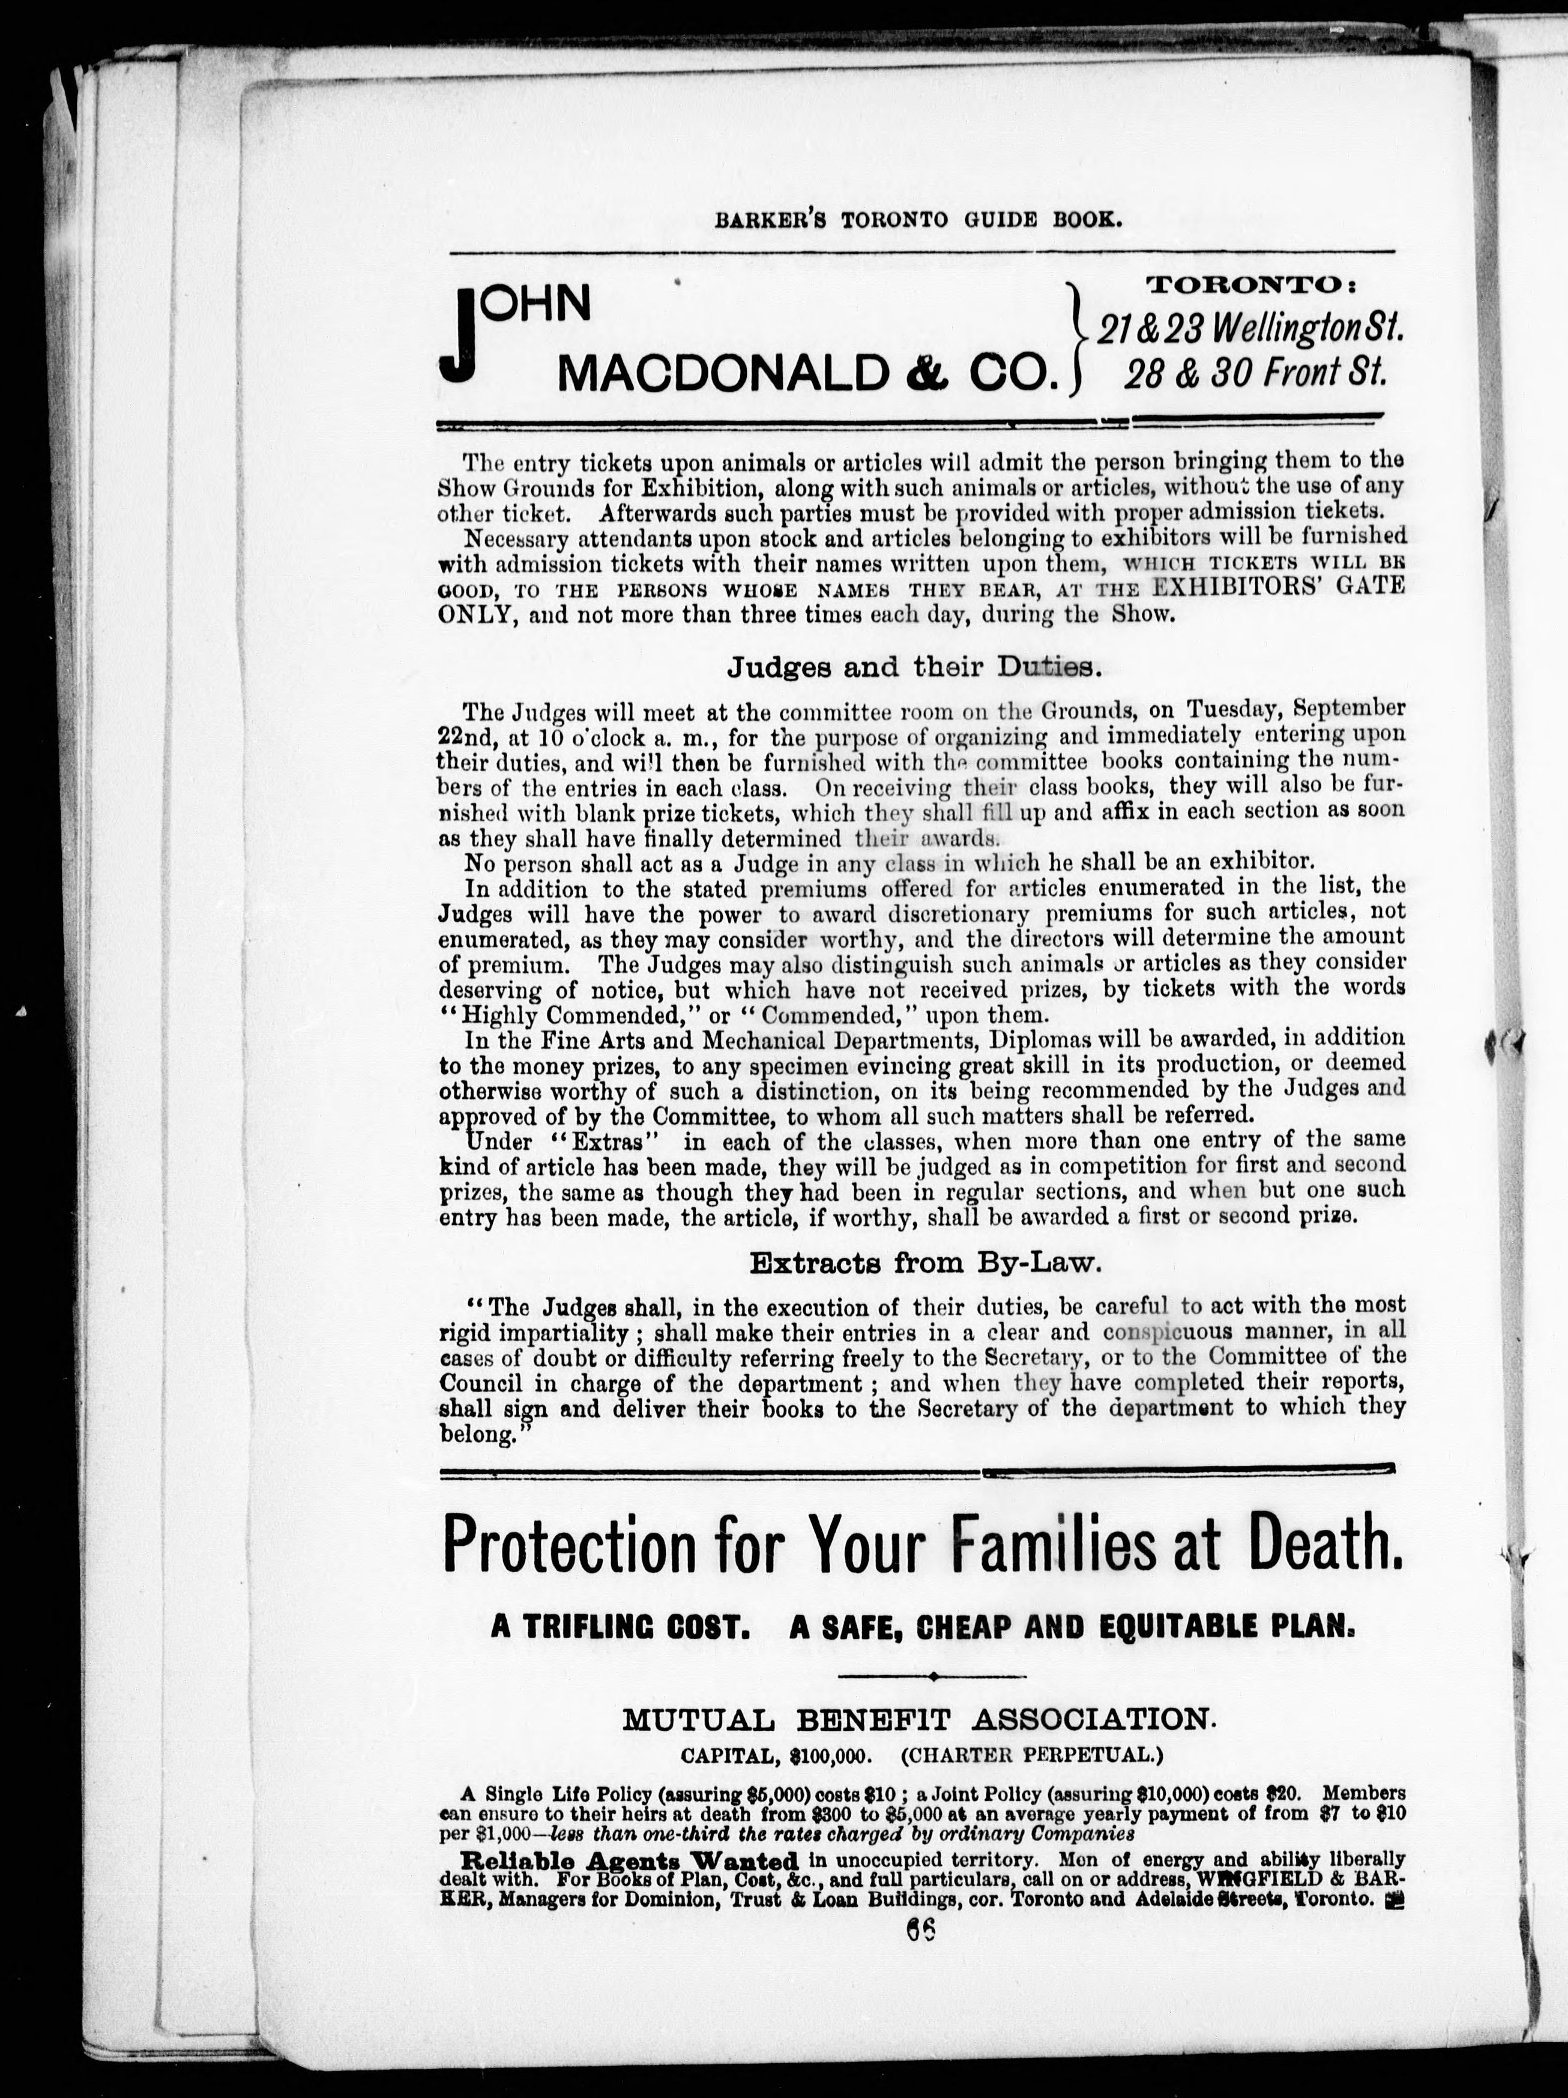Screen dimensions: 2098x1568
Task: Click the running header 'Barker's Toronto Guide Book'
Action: click(x=918, y=220)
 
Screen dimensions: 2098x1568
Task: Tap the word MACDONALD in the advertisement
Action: click(x=720, y=374)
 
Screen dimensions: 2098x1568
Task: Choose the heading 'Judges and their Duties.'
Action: click(x=914, y=668)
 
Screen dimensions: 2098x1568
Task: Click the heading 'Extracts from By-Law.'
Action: click(x=925, y=1263)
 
